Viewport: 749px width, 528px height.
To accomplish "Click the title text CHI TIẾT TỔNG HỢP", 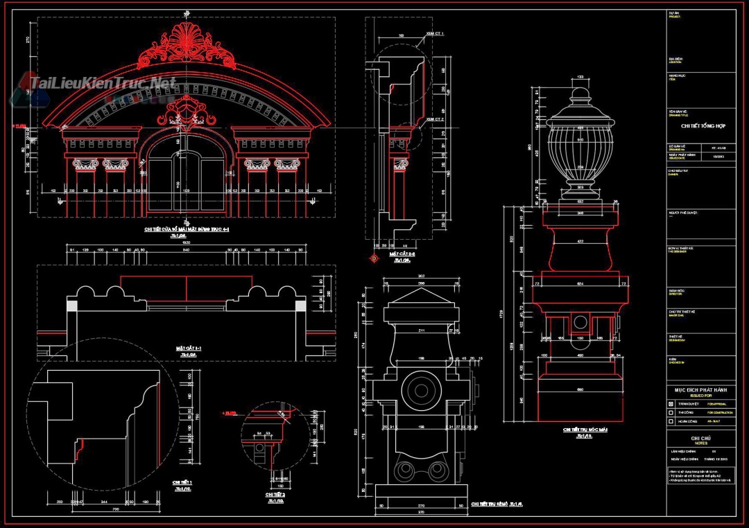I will (700, 126).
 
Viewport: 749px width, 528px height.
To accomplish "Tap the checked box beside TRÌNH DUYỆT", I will (671, 403).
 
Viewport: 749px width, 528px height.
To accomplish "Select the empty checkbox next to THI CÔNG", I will (671, 412).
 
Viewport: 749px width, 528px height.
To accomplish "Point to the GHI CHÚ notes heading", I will (700, 438).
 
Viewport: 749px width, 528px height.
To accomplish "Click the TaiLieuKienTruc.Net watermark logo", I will (101, 84).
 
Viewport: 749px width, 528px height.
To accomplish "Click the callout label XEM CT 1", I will (435, 34).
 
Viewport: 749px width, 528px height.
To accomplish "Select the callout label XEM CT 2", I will (435, 119).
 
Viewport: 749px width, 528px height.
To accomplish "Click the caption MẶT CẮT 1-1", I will (188, 349).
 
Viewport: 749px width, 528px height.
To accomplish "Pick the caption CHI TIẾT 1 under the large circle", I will (182, 483).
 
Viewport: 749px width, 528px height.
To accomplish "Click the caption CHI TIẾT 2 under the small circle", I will (275, 495).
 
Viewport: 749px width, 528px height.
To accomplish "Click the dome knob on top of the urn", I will (580, 94).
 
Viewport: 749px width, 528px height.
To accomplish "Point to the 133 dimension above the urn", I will (580, 76).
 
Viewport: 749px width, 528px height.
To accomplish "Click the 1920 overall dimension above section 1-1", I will (186, 243).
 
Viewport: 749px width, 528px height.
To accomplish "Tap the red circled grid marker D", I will (373, 258).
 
